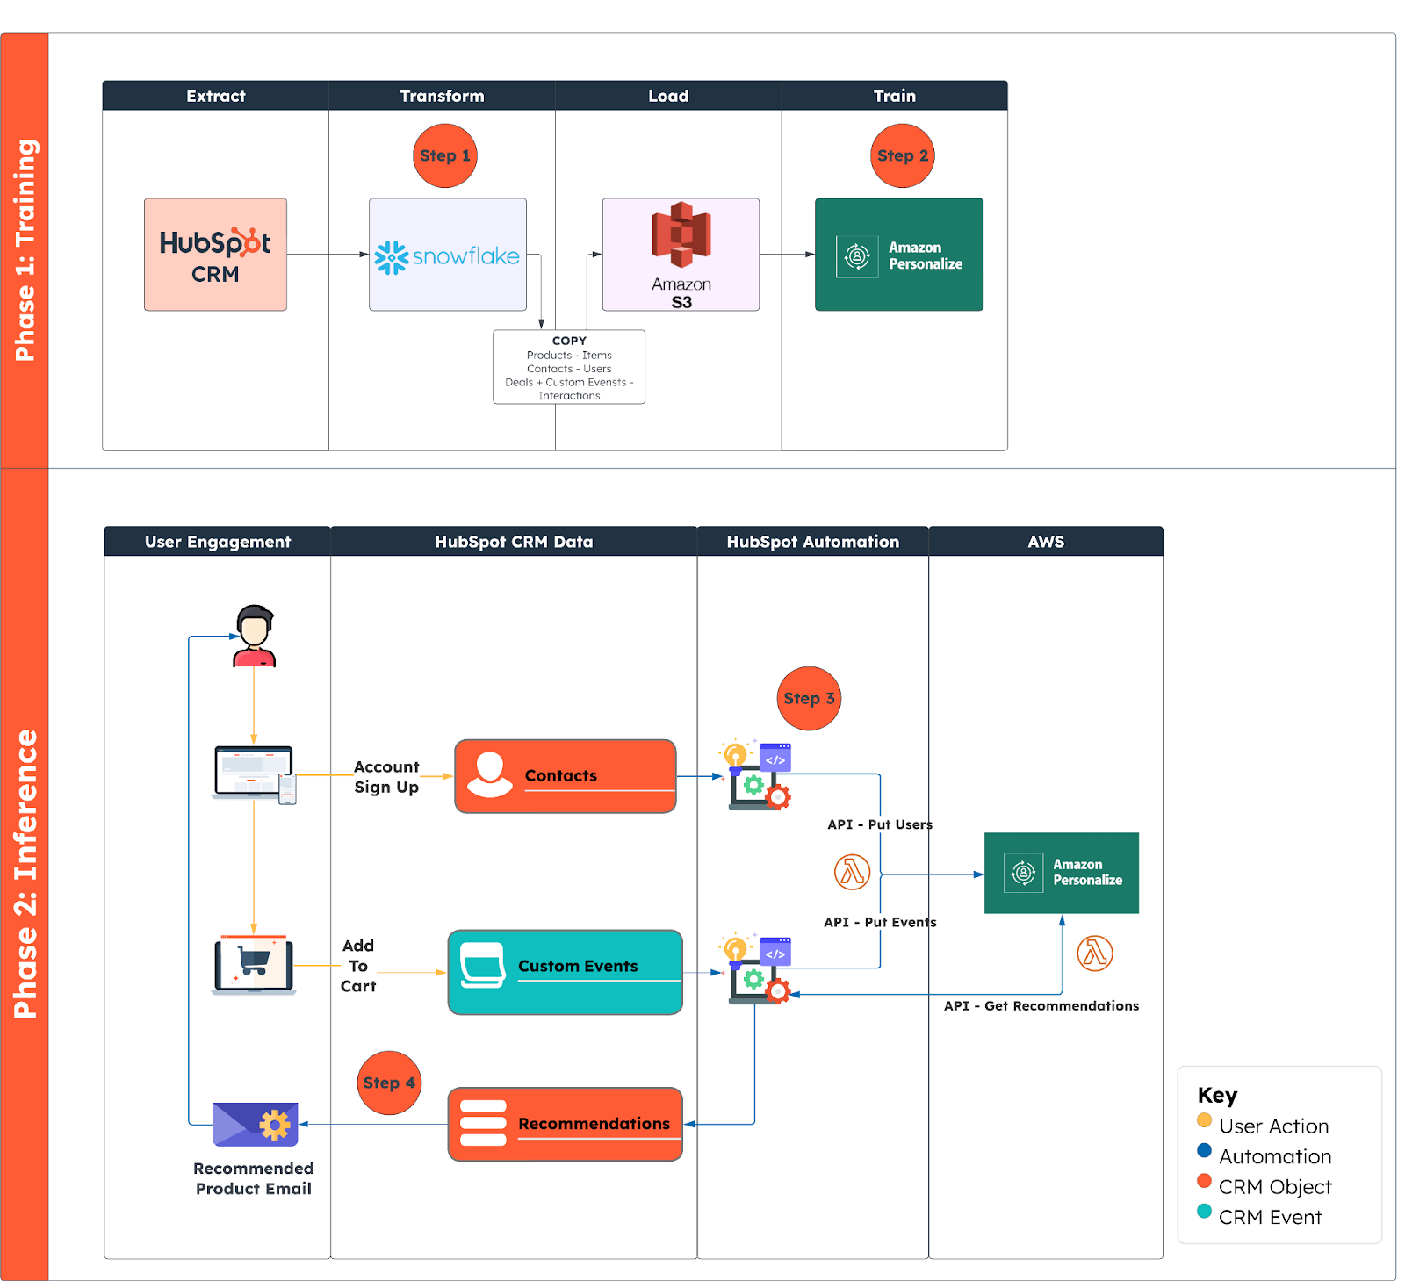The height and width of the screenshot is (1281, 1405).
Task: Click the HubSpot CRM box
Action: click(x=215, y=255)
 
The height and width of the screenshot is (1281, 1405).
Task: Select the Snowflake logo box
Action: click(x=447, y=255)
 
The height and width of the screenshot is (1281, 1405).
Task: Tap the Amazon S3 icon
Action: click(x=681, y=235)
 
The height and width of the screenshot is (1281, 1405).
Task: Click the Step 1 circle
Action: click(x=444, y=155)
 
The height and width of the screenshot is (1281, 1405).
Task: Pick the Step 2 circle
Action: click(x=902, y=155)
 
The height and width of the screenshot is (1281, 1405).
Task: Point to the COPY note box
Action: click(x=569, y=367)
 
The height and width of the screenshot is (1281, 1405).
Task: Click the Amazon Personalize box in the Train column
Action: click(x=898, y=255)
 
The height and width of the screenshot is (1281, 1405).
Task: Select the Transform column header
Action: click(x=442, y=96)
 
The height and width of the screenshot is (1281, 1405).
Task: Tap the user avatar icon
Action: click(x=255, y=636)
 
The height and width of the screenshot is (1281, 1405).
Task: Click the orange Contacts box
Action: click(x=565, y=776)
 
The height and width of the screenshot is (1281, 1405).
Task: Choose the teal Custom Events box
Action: click(x=565, y=972)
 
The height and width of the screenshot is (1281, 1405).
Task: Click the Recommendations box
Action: click(x=565, y=1124)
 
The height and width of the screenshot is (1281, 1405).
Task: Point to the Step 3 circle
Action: click(x=809, y=698)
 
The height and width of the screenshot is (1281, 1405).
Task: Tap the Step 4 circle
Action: click(x=389, y=1083)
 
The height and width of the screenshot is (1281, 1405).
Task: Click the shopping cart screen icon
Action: click(x=254, y=965)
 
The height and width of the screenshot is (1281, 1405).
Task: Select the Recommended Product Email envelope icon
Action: click(x=256, y=1124)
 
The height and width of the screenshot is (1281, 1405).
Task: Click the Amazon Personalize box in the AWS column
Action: click(x=1061, y=873)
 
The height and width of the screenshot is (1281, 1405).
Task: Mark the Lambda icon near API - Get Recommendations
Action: click(x=1094, y=953)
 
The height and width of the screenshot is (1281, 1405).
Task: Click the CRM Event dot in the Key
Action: click(x=1204, y=1212)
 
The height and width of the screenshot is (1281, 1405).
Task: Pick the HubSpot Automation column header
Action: click(x=812, y=542)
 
